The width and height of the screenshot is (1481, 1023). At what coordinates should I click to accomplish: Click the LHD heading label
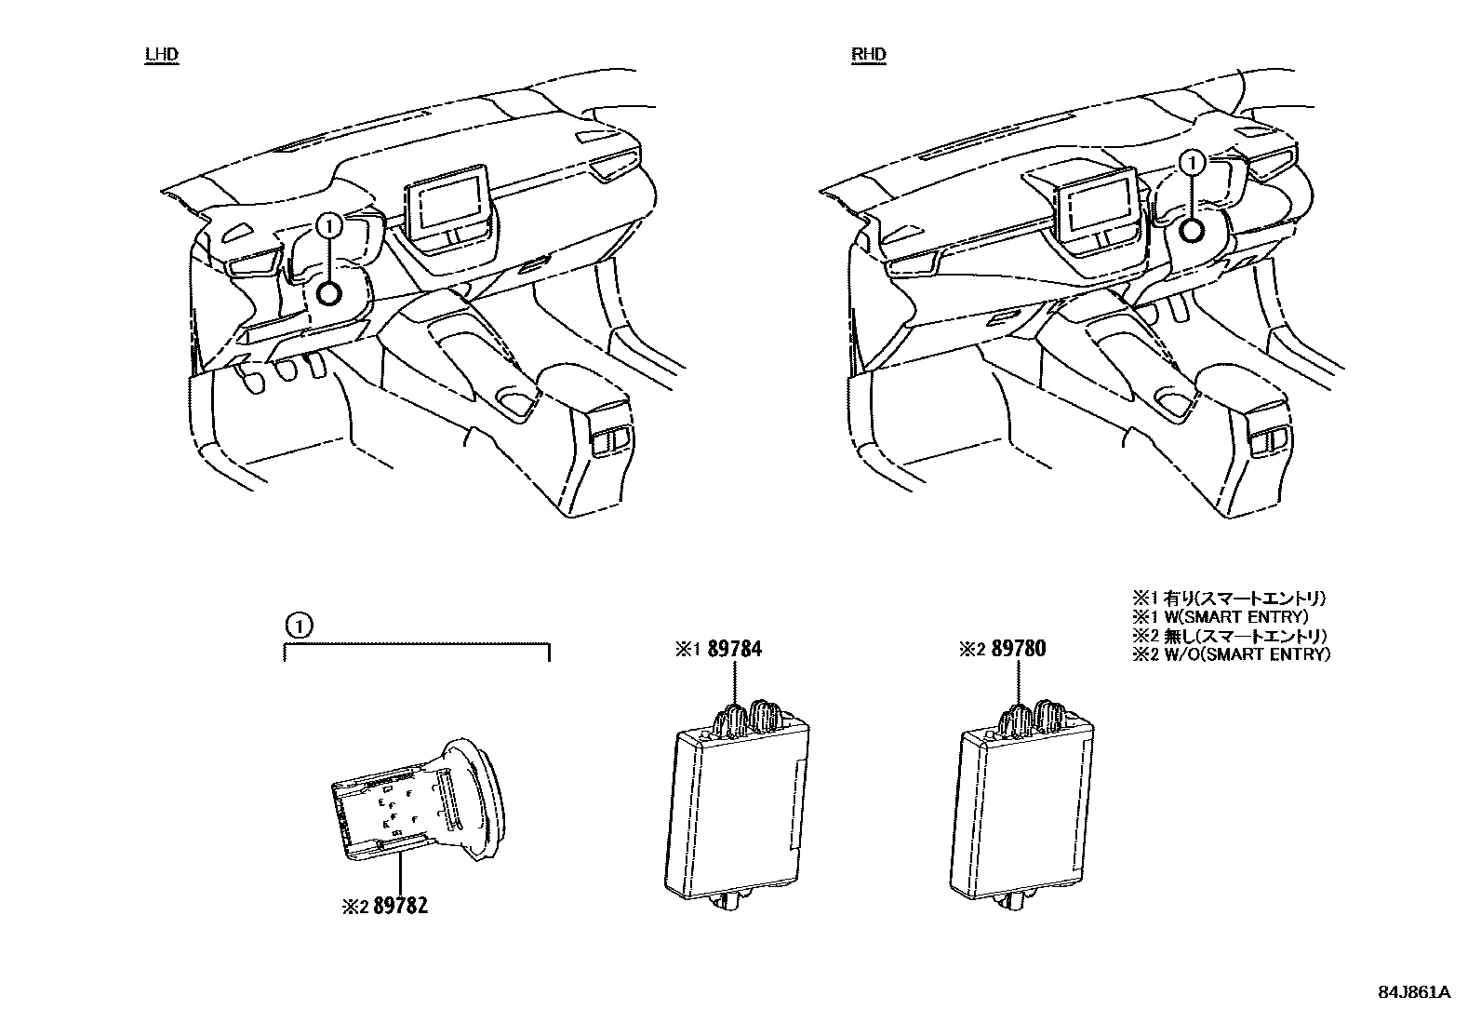point(161,54)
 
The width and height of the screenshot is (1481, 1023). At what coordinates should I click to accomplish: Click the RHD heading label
point(868,54)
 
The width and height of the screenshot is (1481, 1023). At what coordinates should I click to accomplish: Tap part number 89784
point(734,649)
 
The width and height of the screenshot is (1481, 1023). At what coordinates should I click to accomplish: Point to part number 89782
point(399,905)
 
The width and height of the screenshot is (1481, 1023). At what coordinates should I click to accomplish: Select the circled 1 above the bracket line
point(295,626)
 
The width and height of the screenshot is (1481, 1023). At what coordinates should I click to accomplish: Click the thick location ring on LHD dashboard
point(329,293)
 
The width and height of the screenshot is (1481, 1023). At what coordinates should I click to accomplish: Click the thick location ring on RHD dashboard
point(1193,230)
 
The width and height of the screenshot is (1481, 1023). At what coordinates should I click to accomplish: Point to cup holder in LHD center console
point(517,402)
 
